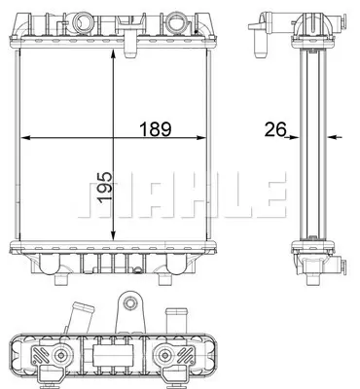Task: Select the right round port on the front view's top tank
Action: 176,18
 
